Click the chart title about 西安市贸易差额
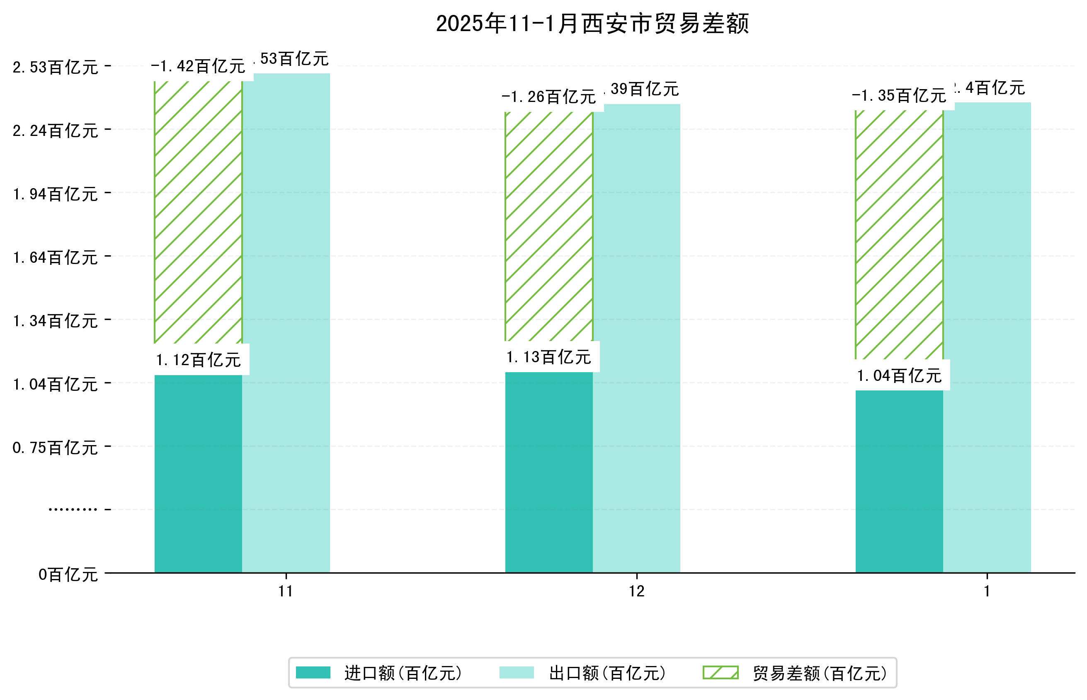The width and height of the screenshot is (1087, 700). coord(592,24)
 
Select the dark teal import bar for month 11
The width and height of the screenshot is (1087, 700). coord(198,473)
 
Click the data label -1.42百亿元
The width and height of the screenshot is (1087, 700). coord(198,66)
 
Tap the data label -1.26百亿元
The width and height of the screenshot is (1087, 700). coord(549,97)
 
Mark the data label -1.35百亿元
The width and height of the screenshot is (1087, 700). coord(899,95)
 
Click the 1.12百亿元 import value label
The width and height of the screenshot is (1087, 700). coord(198,360)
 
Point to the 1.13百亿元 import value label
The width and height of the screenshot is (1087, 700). coord(549,357)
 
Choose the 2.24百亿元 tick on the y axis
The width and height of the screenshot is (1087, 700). coord(55,131)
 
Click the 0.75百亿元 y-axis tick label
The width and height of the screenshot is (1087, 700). coord(55,448)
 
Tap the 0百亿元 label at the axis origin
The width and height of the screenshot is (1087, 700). coord(68,574)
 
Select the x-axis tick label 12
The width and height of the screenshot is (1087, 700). coord(636,591)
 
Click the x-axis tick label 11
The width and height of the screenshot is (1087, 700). coord(286,591)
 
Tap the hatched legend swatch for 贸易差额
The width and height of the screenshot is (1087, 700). coord(720,673)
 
